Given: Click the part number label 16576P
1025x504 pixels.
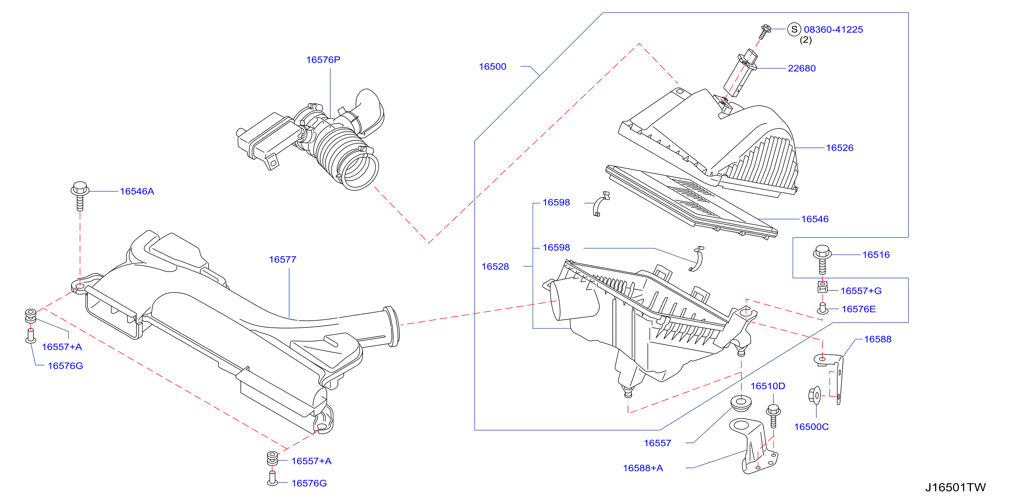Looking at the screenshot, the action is coord(323,60).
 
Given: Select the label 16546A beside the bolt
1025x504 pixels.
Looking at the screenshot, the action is coord(137,191).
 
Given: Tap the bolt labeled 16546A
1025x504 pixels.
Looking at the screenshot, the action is coord(80,196).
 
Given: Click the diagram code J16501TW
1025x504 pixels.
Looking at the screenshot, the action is coord(955,487).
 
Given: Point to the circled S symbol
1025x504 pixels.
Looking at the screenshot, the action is coord(794,29).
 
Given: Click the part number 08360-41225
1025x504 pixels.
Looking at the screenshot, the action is coord(833,30).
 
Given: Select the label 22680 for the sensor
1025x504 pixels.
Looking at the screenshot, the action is coord(802,69).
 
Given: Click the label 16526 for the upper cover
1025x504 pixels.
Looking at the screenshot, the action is coord(839,148).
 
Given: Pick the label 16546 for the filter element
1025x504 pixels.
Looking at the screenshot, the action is coord(815,219).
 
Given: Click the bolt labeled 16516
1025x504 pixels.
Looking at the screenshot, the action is coord(822,259).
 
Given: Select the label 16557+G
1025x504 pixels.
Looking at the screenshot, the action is coord(861,291).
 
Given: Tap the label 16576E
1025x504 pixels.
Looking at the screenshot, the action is coord(859,309).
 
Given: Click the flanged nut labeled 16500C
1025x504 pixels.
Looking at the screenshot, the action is coord(815,395).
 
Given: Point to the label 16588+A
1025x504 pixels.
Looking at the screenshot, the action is coord(643,468).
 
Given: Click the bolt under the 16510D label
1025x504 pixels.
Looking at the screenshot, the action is coord(773,416).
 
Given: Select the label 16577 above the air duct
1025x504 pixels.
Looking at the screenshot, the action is coord(283,260).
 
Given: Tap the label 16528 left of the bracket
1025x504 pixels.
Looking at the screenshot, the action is coord(495,267).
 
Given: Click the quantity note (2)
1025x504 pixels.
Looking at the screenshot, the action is coord(806,40).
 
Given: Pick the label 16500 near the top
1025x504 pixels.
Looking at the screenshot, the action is coord(493,67).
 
